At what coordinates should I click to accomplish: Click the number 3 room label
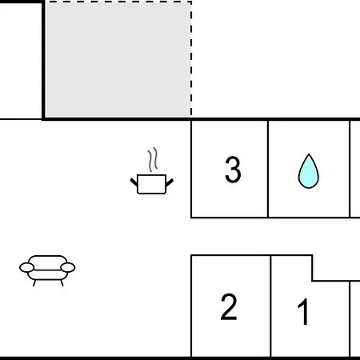[x=233, y=170]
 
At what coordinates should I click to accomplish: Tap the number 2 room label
[x=229, y=306]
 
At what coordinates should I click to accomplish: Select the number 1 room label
[x=303, y=311]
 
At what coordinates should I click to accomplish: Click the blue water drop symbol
[x=309, y=171]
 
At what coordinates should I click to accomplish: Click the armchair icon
[x=47, y=270]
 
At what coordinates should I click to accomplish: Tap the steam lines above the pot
[x=153, y=160]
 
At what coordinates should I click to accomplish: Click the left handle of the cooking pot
[x=134, y=182]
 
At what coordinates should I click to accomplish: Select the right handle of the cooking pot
[x=170, y=182]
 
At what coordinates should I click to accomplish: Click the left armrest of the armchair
[x=26, y=267]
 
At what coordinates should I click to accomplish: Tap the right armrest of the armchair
[x=68, y=267]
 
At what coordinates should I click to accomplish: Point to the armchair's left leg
[x=34, y=283]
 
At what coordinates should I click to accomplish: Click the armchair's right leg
[x=62, y=283]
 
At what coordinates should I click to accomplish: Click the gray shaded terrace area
[x=118, y=59]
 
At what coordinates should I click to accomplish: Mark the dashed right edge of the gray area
[x=191, y=58]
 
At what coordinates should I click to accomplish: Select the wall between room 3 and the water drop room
[x=268, y=169]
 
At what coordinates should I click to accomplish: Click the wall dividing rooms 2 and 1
[x=270, y=306]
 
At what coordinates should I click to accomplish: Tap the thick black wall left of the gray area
[x=43, y=60]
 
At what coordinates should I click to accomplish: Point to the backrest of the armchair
[x=47, y=262]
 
